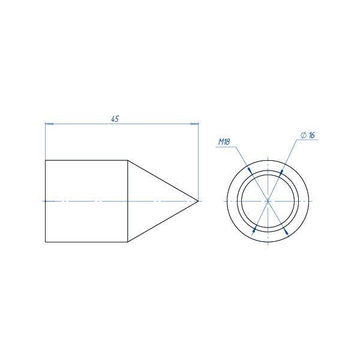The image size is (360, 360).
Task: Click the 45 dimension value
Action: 115,119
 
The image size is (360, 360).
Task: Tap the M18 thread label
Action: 224,142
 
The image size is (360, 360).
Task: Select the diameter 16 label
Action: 308,135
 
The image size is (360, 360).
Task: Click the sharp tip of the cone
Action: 198,201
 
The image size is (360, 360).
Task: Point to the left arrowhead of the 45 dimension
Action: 49,124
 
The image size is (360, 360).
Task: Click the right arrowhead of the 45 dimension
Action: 194,124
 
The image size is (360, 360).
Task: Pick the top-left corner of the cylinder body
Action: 45,160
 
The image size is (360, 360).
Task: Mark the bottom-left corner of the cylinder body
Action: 45,242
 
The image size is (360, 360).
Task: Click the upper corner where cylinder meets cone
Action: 128,160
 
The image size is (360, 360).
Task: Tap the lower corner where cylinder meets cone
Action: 128,242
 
